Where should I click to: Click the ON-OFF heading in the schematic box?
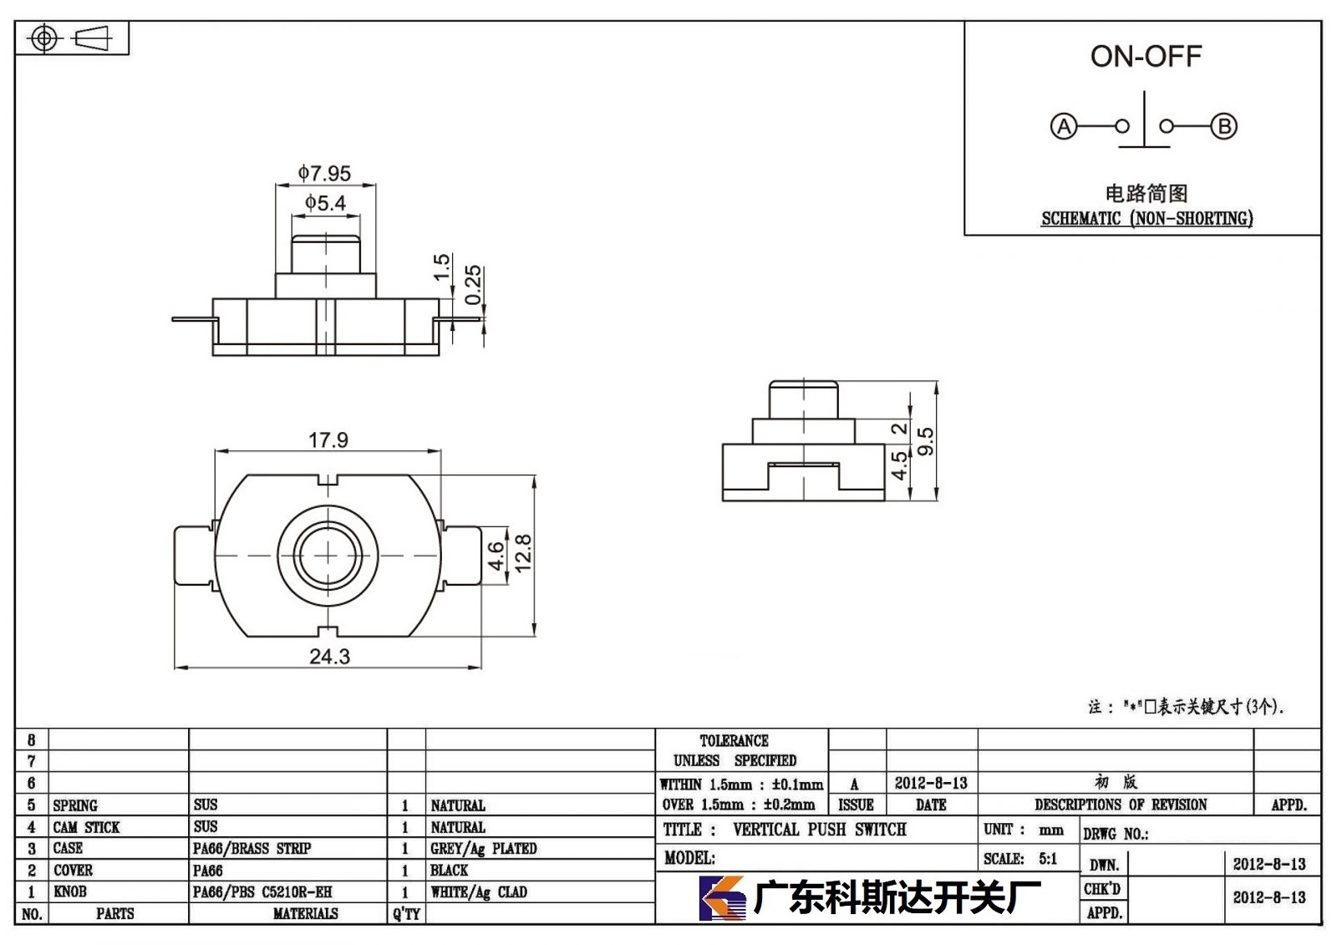[x=1146, y=56]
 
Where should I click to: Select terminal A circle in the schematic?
[x=1064, y=126]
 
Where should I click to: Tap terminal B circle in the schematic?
[x=1223, y=126]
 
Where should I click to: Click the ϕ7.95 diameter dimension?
[x=325, y=173]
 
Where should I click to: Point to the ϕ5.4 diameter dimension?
[x=325, y=203]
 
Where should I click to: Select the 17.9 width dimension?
[x=328, y=440]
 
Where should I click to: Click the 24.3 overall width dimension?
[x=329, y=656]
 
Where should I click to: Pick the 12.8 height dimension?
[x=523, y=553]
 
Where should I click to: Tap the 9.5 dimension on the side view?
[x=925, y=441]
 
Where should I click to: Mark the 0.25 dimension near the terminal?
[x=473, y=284]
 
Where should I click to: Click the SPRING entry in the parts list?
[x=75, y=805]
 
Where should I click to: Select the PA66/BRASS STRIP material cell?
[x=252, y=848]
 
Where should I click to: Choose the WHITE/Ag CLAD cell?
[x=479, y=892]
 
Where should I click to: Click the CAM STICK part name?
[x=86, y=827]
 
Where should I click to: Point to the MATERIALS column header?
[x=306, y=913]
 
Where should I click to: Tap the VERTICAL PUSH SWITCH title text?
[x=820, y=829]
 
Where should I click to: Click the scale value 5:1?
[x=1048, y=858]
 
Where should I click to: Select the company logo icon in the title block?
[x=722, y=898]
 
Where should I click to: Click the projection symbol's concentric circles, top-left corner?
[x=44, y=38]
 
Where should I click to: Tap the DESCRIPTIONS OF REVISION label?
[x=1121, y=805]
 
